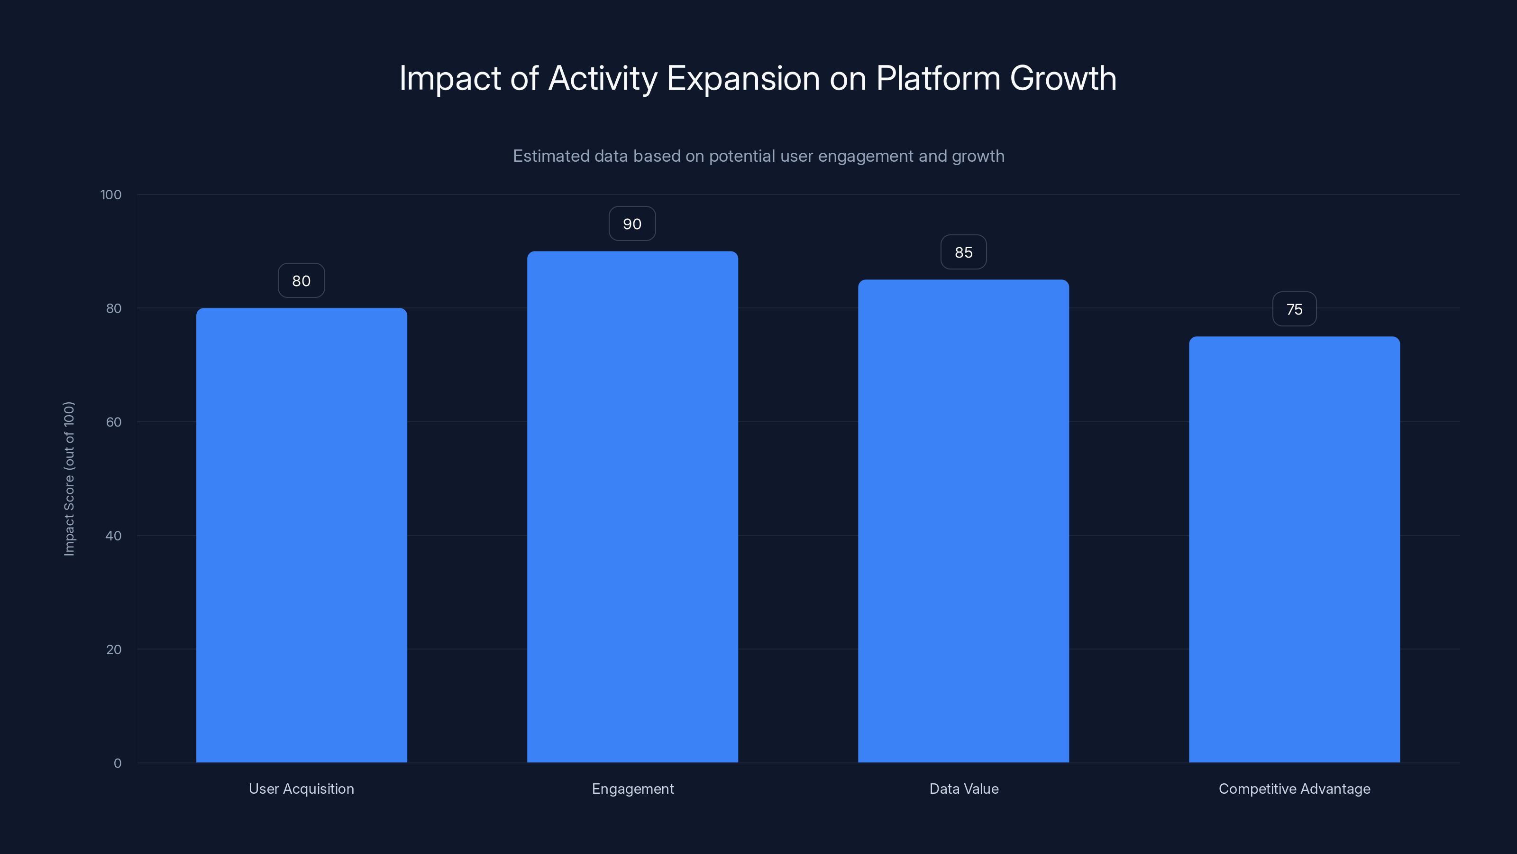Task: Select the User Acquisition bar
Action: point(302,535)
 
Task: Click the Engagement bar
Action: point(632,507)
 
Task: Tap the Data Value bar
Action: point(963,521)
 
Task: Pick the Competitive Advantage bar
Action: point(1294,549)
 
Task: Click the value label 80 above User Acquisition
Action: point(302,280)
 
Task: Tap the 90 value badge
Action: point(632,224)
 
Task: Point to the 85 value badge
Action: point(963,252)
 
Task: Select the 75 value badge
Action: point(1294,309)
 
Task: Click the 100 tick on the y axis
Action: point(111,195)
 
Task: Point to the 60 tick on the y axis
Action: point(114,422)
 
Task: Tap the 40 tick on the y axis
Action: point(114,536)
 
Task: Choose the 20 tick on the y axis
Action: point(114,650)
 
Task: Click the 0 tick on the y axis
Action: point(118,763)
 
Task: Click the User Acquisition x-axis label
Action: point(302,789)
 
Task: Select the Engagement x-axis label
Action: point(632,789)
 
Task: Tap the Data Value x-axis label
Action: point(963,789)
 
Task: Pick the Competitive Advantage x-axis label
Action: point(1294,789)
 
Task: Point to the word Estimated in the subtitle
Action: point(550,156)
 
